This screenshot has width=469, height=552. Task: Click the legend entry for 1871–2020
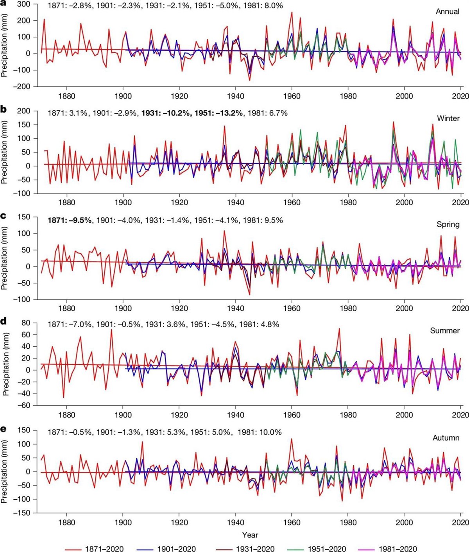tap(94, 549)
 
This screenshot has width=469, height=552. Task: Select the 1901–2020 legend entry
tap(166, 549)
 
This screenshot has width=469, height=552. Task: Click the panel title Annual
tap(448, 12)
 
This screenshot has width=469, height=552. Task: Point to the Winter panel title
tap(448, 118)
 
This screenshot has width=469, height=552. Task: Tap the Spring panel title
tap(448, 224)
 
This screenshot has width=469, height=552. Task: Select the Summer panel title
tap(445, 331)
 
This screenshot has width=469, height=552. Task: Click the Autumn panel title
tap(446, 438)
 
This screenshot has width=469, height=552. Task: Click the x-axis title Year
tap(250, 535)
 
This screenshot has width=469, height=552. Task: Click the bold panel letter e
tap(4, 429)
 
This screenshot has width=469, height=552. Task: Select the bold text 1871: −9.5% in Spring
tap(70, 220)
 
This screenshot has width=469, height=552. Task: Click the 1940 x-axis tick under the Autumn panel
tap(235, 523)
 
